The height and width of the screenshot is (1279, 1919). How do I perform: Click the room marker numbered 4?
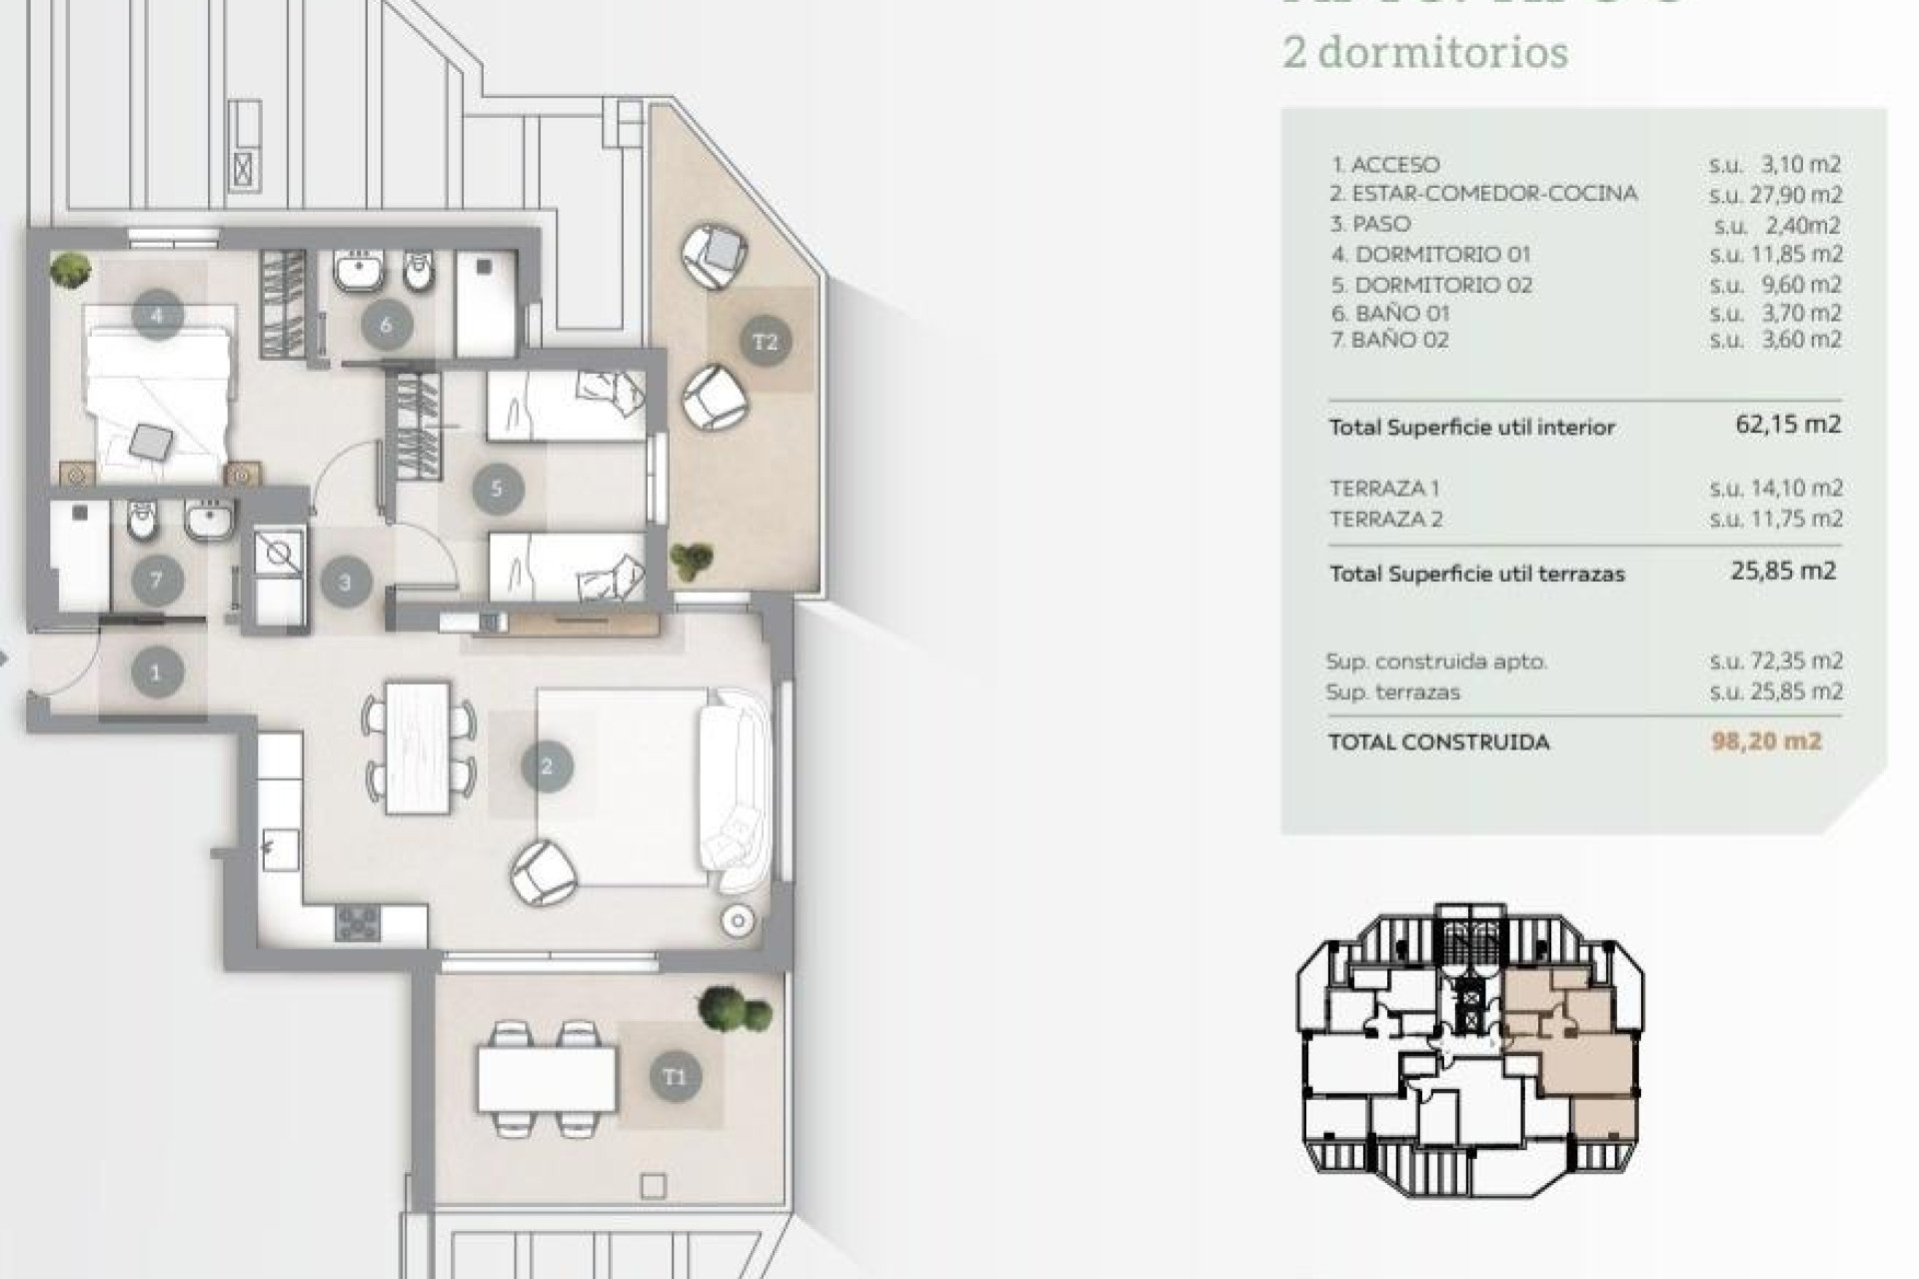click(157, 315)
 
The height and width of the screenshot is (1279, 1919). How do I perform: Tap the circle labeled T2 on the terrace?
click(765, 342)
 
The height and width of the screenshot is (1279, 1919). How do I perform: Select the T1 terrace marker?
click(675, 1076)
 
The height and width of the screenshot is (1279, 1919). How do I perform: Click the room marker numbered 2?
click(547, 766)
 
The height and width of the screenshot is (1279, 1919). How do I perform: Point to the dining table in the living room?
click(418, 746)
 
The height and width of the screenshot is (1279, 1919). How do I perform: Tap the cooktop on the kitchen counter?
click(357, 922)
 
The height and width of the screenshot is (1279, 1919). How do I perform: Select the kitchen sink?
click(279, 849)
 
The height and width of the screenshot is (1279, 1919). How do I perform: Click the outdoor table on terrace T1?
click(546, 1078)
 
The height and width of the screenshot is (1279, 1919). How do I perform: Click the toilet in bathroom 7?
click(143, 520)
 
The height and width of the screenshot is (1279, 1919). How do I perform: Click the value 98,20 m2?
click(1766, 741)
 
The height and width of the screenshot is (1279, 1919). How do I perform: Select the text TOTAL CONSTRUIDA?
click(1438, 742)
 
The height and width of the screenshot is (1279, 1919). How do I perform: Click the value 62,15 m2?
click(1787, 425)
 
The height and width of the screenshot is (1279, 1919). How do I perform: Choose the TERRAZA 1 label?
click(1384, 489)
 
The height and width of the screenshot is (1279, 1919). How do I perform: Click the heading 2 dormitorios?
click(1425, 52)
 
